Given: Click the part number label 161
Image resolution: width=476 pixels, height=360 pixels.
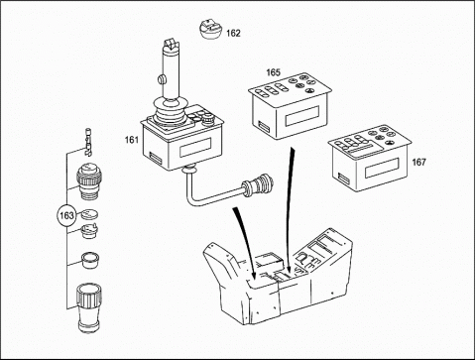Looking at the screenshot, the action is [131, 140].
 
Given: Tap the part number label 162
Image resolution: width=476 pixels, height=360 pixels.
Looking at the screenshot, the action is [233, 34].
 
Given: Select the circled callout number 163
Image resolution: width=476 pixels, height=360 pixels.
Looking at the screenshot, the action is [66, 216].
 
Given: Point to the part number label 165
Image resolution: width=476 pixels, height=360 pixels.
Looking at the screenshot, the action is [273, 72].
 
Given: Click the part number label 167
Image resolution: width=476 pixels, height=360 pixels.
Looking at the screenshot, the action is [418, 163].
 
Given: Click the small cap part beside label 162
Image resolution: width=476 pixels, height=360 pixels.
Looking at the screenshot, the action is [211, 30].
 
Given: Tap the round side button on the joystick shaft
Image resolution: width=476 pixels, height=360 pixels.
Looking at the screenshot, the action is [161, 79].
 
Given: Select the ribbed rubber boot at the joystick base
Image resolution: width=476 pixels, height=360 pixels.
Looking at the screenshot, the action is [170, 112].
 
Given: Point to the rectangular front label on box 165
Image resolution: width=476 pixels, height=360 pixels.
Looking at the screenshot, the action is [301, 117].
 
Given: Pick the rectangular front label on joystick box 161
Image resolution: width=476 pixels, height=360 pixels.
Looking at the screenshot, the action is [195, 148].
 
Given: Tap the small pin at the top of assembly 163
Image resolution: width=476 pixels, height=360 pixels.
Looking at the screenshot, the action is [88, 142].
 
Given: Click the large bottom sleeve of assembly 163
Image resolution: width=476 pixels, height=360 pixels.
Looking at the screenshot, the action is [89, 308].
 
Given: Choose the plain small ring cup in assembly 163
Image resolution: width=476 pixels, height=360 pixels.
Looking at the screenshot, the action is [90, 260].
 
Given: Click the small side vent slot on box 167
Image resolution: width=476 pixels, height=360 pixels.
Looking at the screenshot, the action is [343, 179].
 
